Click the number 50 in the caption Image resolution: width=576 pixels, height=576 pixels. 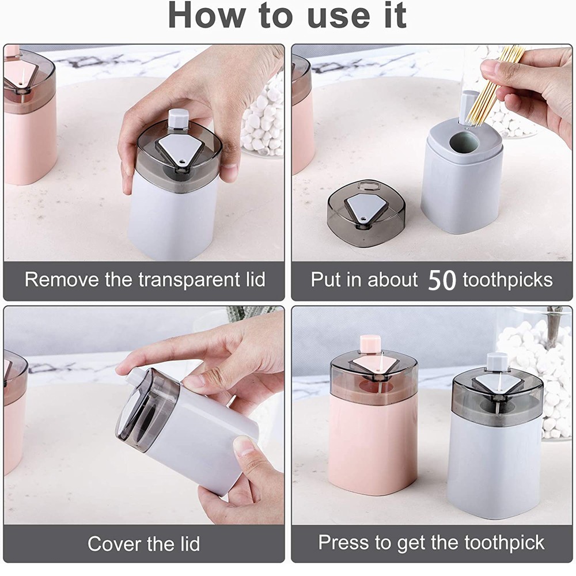442,281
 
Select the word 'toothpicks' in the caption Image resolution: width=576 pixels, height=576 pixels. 507,281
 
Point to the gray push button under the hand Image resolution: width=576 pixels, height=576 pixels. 178,119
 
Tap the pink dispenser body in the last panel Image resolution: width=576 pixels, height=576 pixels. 373,445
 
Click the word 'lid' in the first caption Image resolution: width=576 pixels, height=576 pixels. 255,279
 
